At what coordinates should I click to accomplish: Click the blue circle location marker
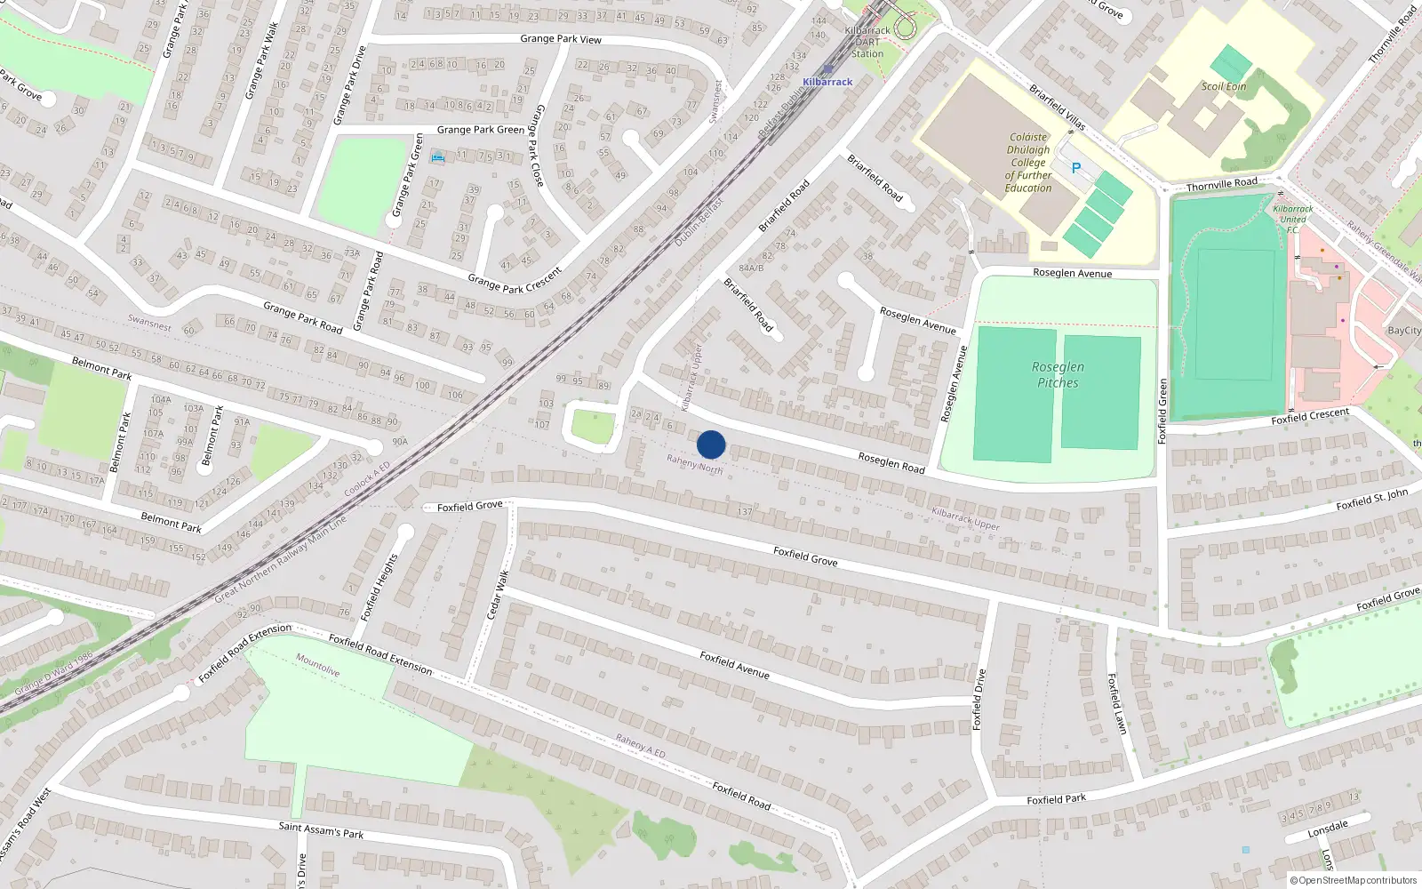[711, 444]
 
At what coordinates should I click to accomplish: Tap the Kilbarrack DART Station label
[867, 42]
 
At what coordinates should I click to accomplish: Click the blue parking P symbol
[1075, 168]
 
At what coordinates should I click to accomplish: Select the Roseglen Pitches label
[1058, 374]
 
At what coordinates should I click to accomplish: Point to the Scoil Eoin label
[1224, 86]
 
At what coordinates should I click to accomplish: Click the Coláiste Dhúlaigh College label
[1028, 163]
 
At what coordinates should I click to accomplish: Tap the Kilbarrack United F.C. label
[1293, 219]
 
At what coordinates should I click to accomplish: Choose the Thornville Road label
[1222, 184]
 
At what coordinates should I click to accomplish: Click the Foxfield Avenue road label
[734, 664]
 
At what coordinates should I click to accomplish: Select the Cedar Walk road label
[498, 595]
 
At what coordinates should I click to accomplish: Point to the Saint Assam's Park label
[321, 830]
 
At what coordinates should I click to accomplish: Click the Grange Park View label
[561, 39]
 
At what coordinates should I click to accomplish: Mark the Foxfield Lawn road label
[1117, 703]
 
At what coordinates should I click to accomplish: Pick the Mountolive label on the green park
[317, 665]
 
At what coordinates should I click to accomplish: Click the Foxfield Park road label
[1056, 799]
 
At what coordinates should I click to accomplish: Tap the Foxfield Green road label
[1162, 411]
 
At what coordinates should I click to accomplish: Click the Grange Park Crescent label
[515, 280]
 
